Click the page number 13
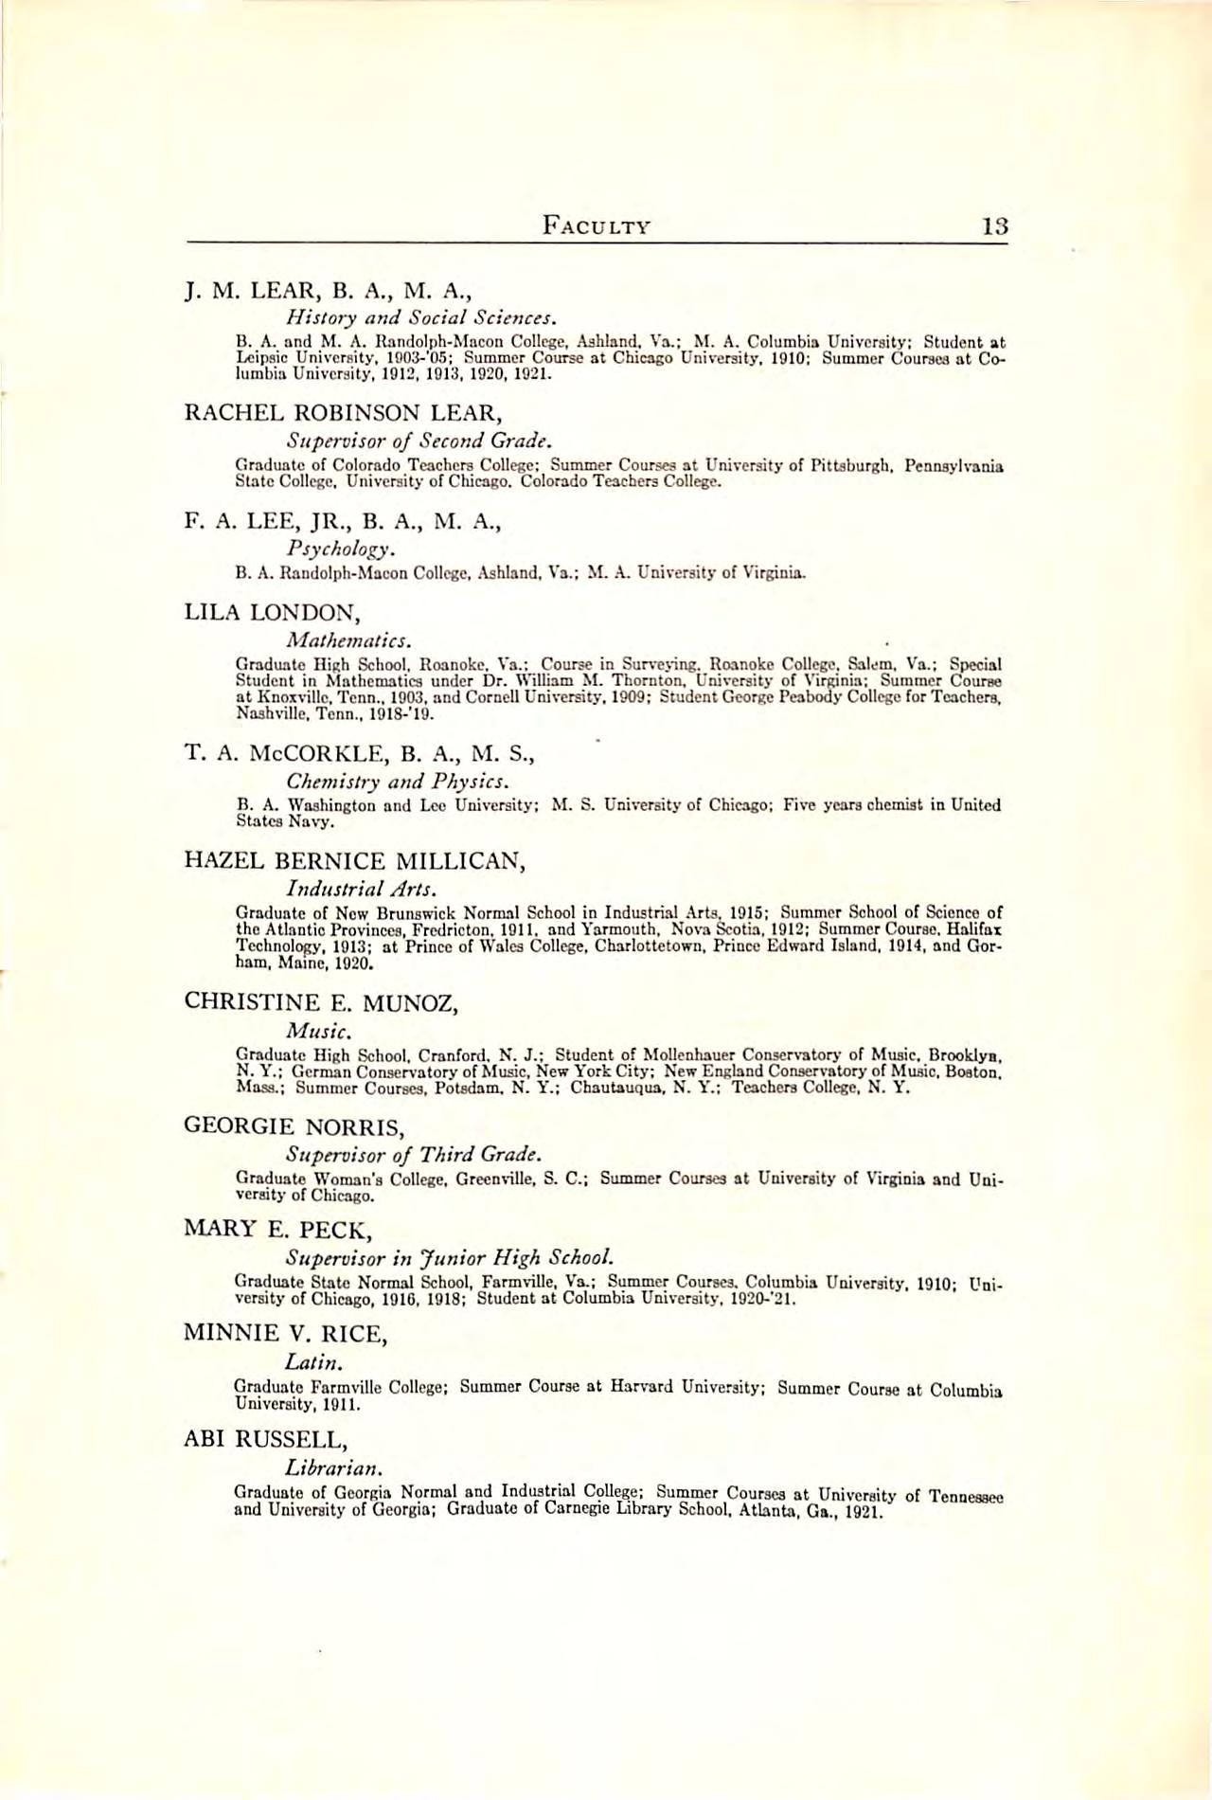(x=995, y=226)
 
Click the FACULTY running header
(x=596, y=226)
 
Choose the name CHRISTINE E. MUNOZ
(x=321, y=1001)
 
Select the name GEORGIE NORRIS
(x=294, y=1126)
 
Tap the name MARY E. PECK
(x=275, y=1231)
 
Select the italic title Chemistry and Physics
(x=399, y=783)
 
